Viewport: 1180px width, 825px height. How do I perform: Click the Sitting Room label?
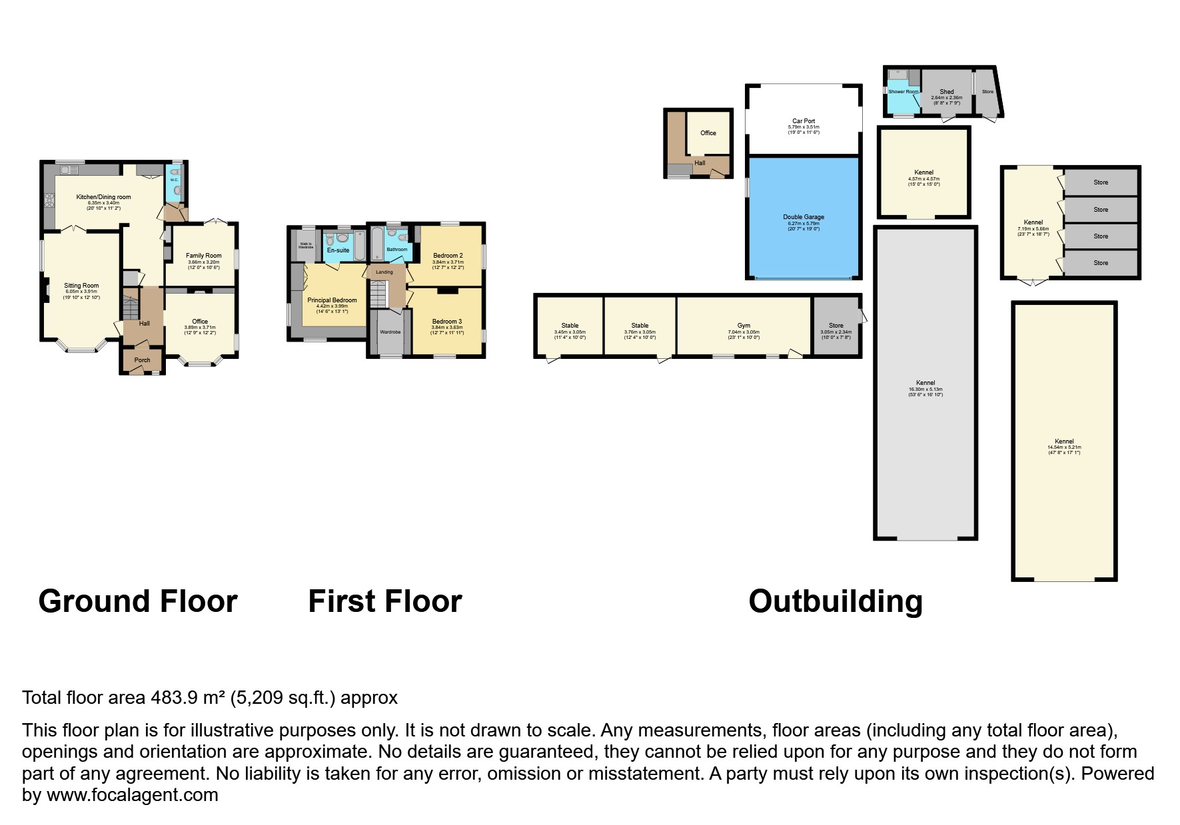coord(81,286)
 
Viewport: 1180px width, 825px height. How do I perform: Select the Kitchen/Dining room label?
coord(103,197)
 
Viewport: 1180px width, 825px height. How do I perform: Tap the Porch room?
coord(142,360)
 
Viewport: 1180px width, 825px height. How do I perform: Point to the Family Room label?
coord(203,256)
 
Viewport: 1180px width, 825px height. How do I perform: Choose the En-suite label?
coord(338,250)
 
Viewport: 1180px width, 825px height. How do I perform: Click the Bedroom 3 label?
coord(447,322)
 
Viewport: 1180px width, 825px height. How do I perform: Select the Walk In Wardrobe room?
coord(306,245)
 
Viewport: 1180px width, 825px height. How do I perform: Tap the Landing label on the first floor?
coord(384,272)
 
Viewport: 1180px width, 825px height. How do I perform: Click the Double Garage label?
coord(804,217)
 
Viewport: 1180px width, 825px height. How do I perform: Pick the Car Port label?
coord(804,121)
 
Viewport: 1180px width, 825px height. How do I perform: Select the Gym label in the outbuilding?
coord(744,326)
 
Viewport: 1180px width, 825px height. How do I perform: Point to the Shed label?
coord(946,92)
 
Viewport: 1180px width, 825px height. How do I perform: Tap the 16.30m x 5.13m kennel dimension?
coord(925,390)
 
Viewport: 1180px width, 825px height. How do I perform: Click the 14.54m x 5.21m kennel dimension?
coord(1064,447)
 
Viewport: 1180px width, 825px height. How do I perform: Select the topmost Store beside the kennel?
coord(1101,182)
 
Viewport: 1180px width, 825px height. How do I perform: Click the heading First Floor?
coord(384,601)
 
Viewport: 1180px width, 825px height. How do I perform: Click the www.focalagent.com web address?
coord(132,795)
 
